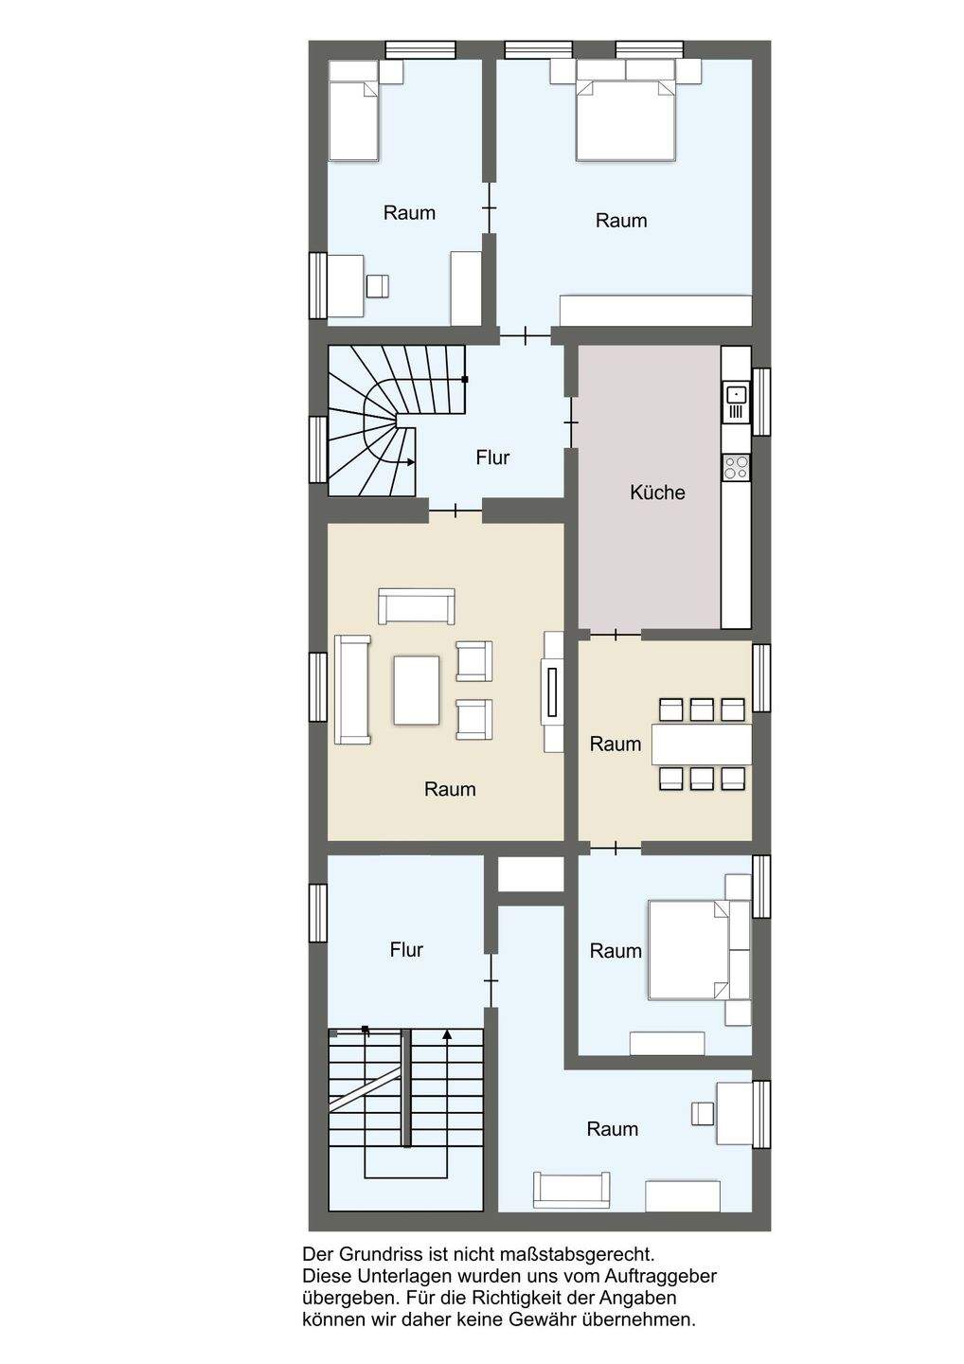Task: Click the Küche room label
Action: [657, 492]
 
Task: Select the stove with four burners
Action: [737, 467]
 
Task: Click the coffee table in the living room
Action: [417, 690]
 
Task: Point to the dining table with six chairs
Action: [701, 744]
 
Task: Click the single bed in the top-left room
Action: [353, 121]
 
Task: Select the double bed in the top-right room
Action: [626, 121]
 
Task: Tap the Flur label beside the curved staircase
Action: [492, 458]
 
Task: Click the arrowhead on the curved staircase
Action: [411, 462]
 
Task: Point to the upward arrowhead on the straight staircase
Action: [447, 1033]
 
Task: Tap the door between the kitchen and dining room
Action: [616, 635]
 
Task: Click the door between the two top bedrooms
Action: [490, 207]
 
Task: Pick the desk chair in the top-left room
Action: [377, 286]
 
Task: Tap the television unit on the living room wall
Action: [553, 691]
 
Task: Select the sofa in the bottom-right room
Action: [571, 1190]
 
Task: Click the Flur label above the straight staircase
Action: [406, 949]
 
